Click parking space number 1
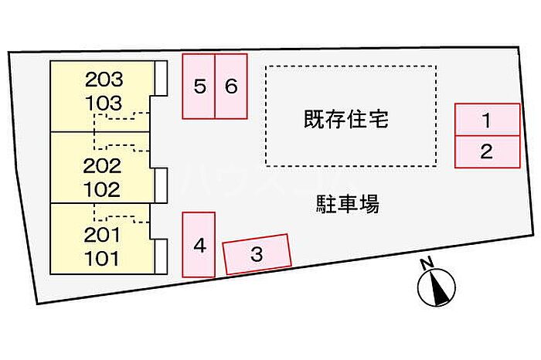pyautogui.click(x=487, y=119)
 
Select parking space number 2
pyautogui.click(x=487, y=151)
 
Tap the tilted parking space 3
pyautogui.click(x=257, y=254)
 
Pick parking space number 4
pyautogui.click(x=199, y=244)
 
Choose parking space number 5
pyautogui.click(x=199, y=87)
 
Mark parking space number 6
pyautogui.click(x=231, y=87)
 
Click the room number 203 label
pyautogui.click(x=104, y=80)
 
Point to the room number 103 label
pyautogui.click(x=104, y=103)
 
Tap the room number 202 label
pyautogui.click(x=103, y=166)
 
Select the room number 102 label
pyautogui.click(x=102, y=189)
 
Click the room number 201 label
pyautogui.click(x=103, y=235)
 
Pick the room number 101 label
pyautogui.click(x=102, y=258)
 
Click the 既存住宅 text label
pyautogui.click(x=346, y=119)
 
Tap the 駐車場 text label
pyautogui.click(x=348, y=204)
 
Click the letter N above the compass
pyautogui.click(x=427, y=263)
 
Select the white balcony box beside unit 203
pyautogui.click(x=161, y=78)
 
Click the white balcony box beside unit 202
pyautogui.click(x=161, y=185)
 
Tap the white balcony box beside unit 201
pyautogui.click(x=161, y=256)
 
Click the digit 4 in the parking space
pyautogui.click(x=199, y=246)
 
